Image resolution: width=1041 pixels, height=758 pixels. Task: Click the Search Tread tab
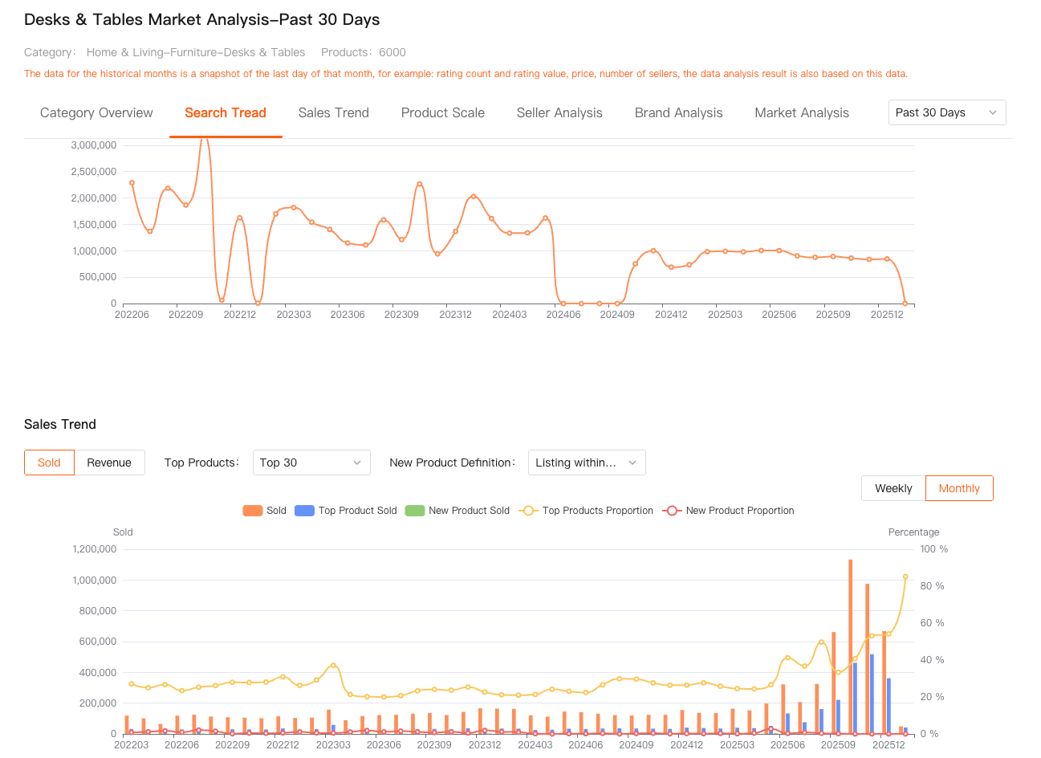(x=226, y=113)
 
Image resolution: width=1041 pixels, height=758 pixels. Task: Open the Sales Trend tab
(x=333, y=113)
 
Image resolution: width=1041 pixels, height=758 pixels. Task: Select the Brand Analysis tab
(x=678, y=113)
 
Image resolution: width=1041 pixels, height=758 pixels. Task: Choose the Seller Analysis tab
(x=559, y=113)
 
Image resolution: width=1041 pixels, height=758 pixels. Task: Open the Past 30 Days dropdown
(x=947, y=112)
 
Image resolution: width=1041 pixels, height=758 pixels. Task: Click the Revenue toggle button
(x=109, y=463)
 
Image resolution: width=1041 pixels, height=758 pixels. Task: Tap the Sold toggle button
(x=49, y=463)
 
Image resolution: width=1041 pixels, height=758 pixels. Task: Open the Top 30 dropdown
(x=311, y=463)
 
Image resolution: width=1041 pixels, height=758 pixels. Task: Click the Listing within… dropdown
(x=586, y=463)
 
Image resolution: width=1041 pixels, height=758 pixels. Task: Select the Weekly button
(x=893, y=488)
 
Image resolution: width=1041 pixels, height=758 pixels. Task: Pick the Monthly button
(x=959, y=488)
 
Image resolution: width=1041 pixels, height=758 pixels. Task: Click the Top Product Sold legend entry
(x=346, y=511)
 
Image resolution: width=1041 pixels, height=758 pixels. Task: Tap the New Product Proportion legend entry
(x=728, y=511)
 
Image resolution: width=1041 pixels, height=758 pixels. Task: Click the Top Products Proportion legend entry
(x=587, y=511)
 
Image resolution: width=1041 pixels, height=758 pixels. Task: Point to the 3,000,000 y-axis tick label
(x=94, y=145)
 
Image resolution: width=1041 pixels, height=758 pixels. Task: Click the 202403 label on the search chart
(x=510, y=315)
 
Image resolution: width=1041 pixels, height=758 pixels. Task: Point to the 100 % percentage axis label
(x=933, y=549)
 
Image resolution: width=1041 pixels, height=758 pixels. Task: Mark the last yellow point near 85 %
(x=905, y=577)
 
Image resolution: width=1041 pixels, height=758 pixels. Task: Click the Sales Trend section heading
(x=60, y=425)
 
